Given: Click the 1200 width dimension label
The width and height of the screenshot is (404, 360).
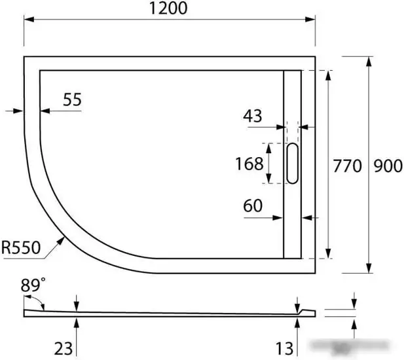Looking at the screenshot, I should (168, 9).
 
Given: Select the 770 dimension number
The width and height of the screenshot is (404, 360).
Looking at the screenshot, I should (347, 166).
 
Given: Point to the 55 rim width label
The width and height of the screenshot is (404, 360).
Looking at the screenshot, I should (73, 99).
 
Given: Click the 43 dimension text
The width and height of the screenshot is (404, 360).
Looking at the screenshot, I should (252, 117).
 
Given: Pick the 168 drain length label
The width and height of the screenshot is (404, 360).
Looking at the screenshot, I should (249, 163).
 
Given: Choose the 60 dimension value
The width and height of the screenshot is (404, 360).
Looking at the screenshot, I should (253, 206).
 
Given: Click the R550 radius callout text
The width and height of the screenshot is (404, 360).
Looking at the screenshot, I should (21, 247).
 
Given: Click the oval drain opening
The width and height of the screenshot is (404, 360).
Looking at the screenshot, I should (292, 164).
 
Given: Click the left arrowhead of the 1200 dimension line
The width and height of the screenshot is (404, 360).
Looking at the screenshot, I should (28, 20).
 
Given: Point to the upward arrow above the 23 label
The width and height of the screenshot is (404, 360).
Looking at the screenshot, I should (77, 320).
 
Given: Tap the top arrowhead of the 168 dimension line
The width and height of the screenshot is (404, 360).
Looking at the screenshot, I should (268, 146).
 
